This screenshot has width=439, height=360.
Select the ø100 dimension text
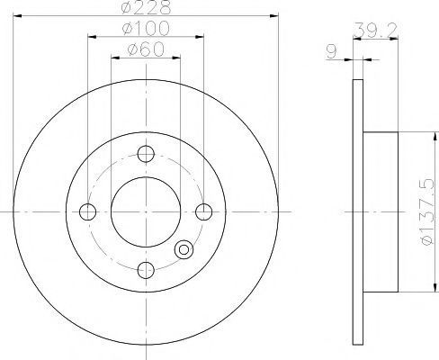[146, 29]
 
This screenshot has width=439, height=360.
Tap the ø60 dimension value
[146, 49]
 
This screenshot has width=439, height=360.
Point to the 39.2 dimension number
[375, 30]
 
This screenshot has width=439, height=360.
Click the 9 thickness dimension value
[332, 51]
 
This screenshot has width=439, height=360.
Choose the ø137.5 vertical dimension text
[427, 211]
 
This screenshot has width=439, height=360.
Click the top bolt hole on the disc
[146, 154]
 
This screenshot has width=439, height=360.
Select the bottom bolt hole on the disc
[146, 270]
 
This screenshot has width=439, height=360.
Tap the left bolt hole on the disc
[88, 211]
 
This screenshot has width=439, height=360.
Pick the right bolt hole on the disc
[204, 211]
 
